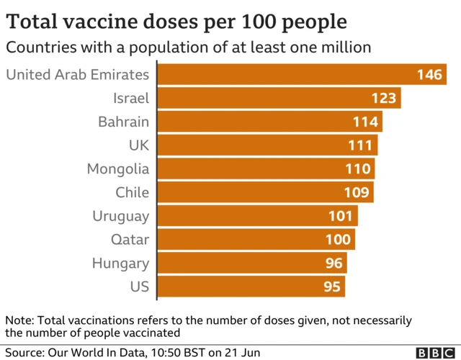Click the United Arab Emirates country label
77,74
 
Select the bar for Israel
278,98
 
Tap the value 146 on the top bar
430,75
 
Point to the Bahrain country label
123,122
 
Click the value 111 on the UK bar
359,145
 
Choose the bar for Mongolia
265,169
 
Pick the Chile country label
132,192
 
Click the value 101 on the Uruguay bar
340,216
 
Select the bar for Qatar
255,239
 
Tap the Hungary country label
120,263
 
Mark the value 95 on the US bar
331,287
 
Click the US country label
138,287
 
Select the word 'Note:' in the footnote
19,320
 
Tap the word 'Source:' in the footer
24,352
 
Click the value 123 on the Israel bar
384,99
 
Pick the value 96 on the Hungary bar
334,264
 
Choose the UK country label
138,145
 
